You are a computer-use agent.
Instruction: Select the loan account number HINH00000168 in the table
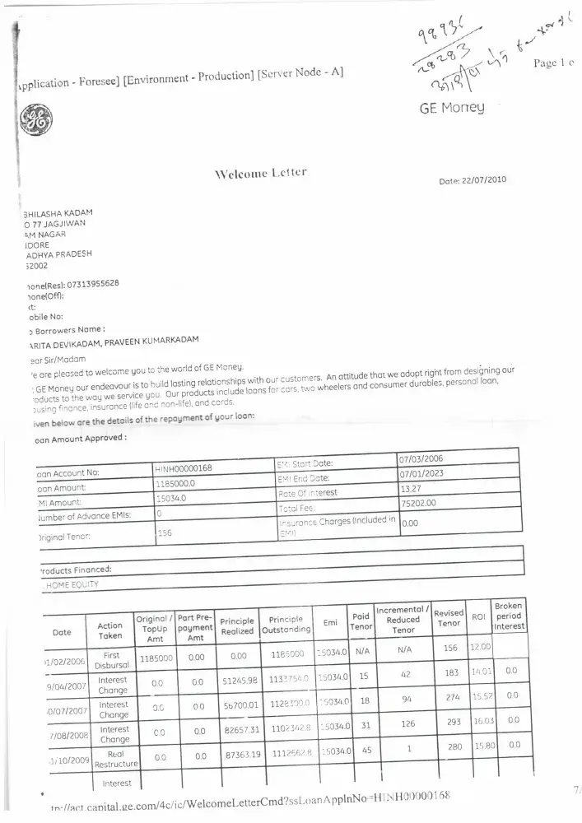point(184,468)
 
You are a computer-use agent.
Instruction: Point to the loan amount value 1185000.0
point(177,483)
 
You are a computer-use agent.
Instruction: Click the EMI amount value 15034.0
point(172,498)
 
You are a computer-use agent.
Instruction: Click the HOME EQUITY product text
point(72,584)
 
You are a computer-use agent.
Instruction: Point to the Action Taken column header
point(110,631)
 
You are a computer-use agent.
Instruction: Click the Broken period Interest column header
point(509,616)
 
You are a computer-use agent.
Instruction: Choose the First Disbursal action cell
point(112,659)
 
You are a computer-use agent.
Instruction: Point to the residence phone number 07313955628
point(86,283)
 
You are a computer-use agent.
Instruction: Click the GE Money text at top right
point(452,107)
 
